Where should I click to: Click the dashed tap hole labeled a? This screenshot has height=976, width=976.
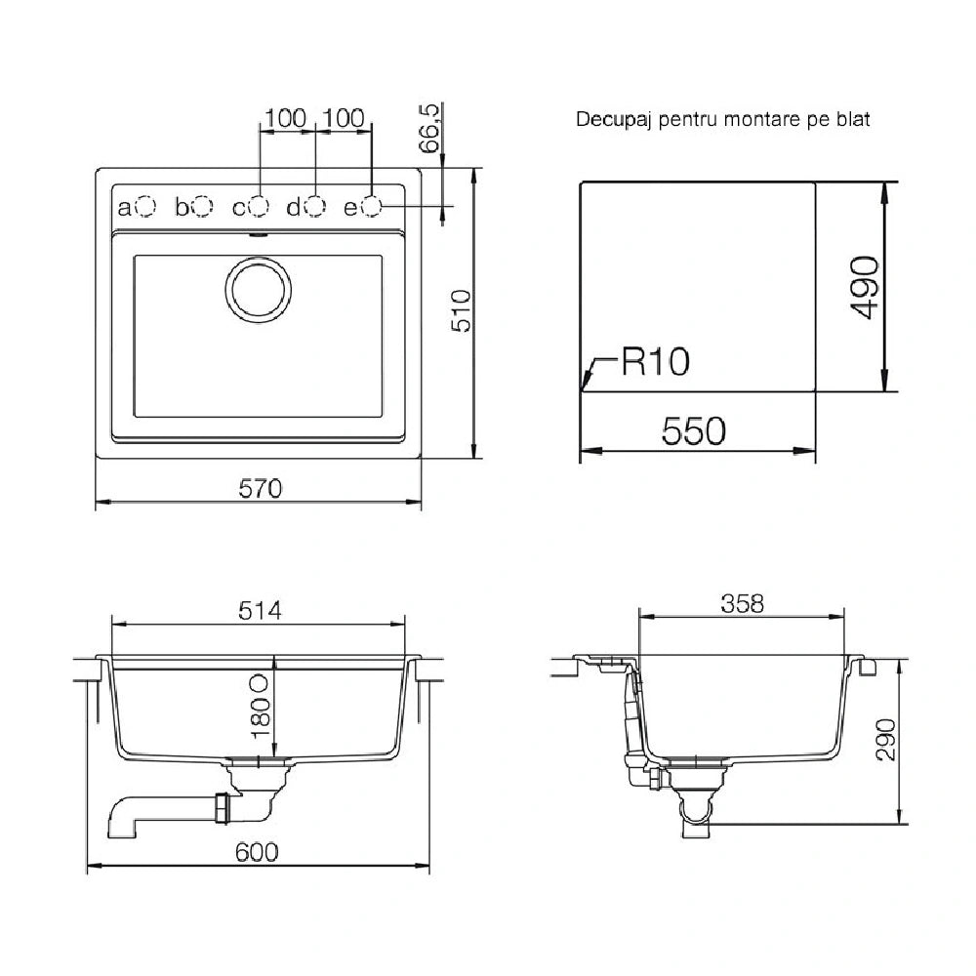pyautogui.click(x=145, y=206)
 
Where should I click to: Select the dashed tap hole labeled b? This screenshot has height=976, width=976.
pyautogui.click(x=202, y=206)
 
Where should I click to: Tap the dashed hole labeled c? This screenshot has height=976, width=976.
pyautogui.click(x=259, y=206)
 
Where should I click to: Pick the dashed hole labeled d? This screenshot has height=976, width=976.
pyautogui.click(x=315, y=206)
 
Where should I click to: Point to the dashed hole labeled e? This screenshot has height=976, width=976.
pyautogui.click(x=371, y=206)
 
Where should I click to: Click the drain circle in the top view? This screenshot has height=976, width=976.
pyautogui.click(x=259, y=289)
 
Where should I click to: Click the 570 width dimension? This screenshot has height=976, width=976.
pyautogui.click(x=261, y=489)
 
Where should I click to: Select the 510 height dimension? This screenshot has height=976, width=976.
pyautogui.click(x=462, y=310)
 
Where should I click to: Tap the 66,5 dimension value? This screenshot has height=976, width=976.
pyautogui.click(x=429, y=128)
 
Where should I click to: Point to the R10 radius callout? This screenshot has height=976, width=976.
pyautogui.click(x=656, y=362)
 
